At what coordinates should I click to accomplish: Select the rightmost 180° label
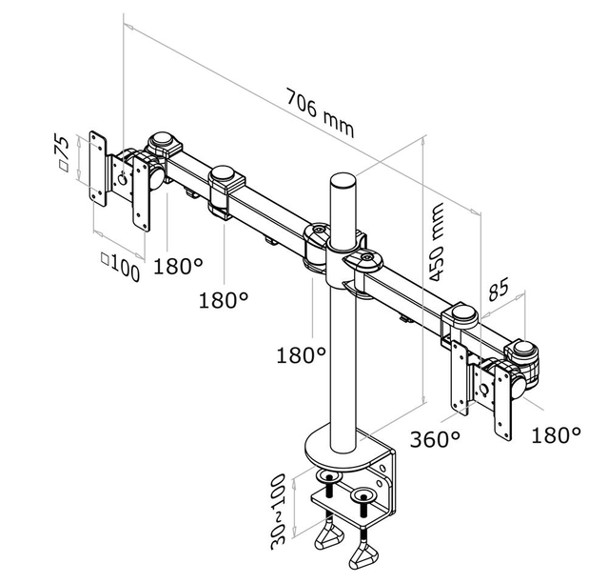[556, 435]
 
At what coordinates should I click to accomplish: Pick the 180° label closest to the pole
[301, 355]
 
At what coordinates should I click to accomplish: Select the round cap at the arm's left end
[162, 143]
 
